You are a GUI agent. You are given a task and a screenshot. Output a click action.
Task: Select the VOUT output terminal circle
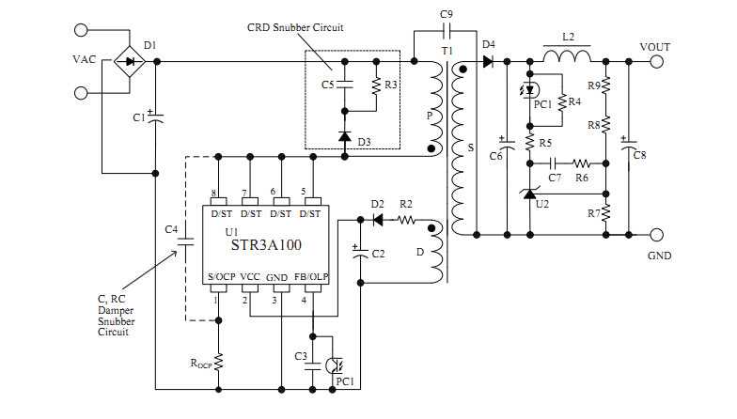[x=655, y=62]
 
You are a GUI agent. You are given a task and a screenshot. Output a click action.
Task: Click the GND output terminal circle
[x=655, y=234]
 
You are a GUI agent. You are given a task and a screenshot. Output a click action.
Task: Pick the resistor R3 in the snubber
[x=376, y=85]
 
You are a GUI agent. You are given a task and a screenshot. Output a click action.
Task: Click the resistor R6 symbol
[x=582, y=162]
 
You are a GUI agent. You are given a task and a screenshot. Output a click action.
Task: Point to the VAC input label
[x=85, y=58]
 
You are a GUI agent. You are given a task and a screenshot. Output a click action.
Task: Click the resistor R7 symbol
[x=606, y=212]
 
